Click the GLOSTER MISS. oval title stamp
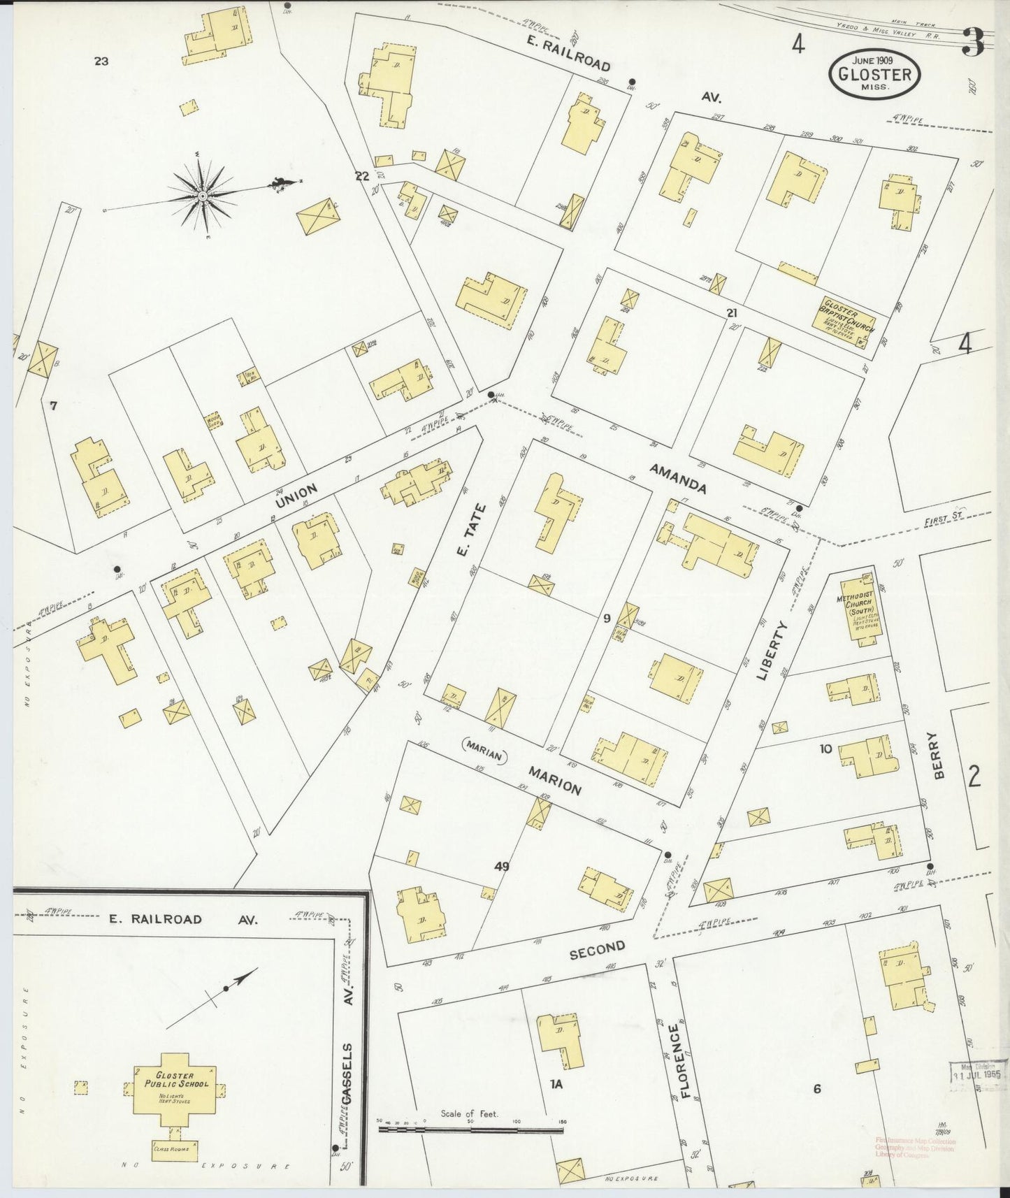click(x=874, y=74)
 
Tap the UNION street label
click(x=296, y=496)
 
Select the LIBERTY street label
click(x=773, y=650)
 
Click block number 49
click(x=501, y=866)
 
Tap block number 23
click(x=101, y=62)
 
